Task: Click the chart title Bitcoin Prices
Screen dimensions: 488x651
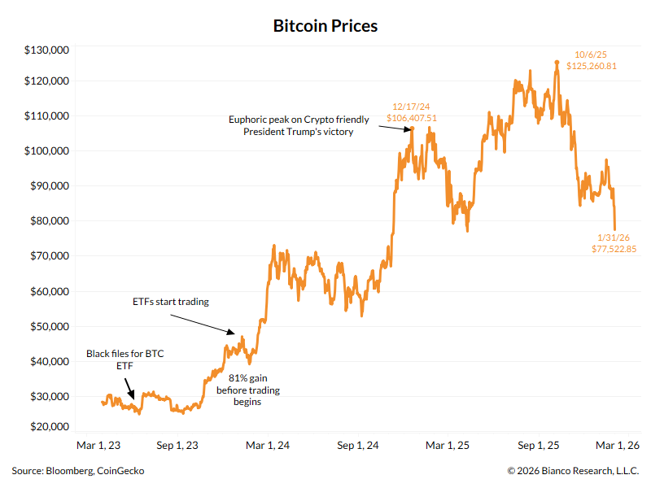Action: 325,26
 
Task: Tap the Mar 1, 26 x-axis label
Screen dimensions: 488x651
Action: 616,446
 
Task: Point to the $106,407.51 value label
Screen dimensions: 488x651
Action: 412,118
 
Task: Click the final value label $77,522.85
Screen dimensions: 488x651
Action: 614,249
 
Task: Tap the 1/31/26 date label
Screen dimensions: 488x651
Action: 614,237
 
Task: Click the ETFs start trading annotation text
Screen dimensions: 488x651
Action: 171,302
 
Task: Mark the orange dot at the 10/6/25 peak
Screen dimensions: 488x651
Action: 557,62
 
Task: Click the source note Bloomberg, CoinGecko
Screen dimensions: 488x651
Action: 79,471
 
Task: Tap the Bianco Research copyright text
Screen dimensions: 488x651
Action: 573,471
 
